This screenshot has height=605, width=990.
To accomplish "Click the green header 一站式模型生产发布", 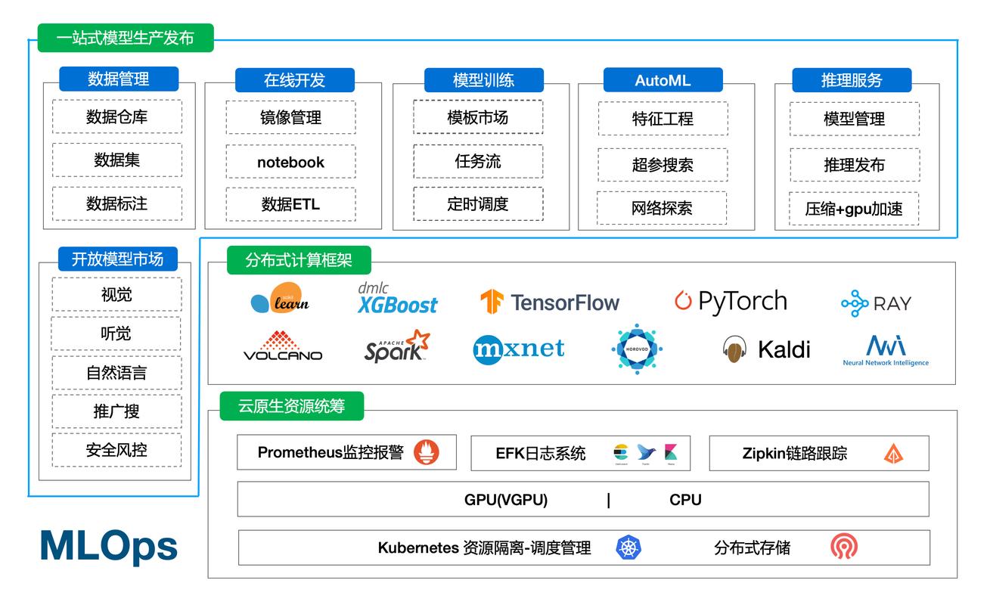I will point(126,38).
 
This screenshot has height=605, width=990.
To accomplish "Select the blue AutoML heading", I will point(663,80).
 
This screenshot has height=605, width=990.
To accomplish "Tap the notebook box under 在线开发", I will point(290,162).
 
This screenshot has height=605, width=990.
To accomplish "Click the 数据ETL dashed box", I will point(290,204).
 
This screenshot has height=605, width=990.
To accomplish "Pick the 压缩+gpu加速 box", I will point(854,209).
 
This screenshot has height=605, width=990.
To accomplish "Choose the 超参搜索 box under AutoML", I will point(663,165).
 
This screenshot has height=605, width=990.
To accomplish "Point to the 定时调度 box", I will point(477,204).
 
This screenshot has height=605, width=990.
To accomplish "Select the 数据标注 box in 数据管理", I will point(117,203).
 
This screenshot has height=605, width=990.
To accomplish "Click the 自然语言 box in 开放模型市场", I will point(116,373).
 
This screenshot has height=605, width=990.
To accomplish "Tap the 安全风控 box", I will point(116,450).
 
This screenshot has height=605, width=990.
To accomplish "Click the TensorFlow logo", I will point(550,302).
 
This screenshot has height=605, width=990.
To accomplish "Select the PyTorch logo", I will point(731,301).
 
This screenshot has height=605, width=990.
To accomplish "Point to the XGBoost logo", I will point(397,299).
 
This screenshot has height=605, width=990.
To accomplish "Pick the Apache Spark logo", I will point(397,346).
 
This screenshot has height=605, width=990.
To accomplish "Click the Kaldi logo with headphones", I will point(765,349).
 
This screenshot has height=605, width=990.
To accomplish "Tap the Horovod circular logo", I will point(636,349).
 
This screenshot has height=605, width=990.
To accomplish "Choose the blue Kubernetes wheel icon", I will point(628,548).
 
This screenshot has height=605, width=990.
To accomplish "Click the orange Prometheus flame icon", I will point(426,453).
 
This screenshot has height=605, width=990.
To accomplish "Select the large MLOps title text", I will point(109,546).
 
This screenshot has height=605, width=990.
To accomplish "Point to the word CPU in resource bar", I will point(685,500).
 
